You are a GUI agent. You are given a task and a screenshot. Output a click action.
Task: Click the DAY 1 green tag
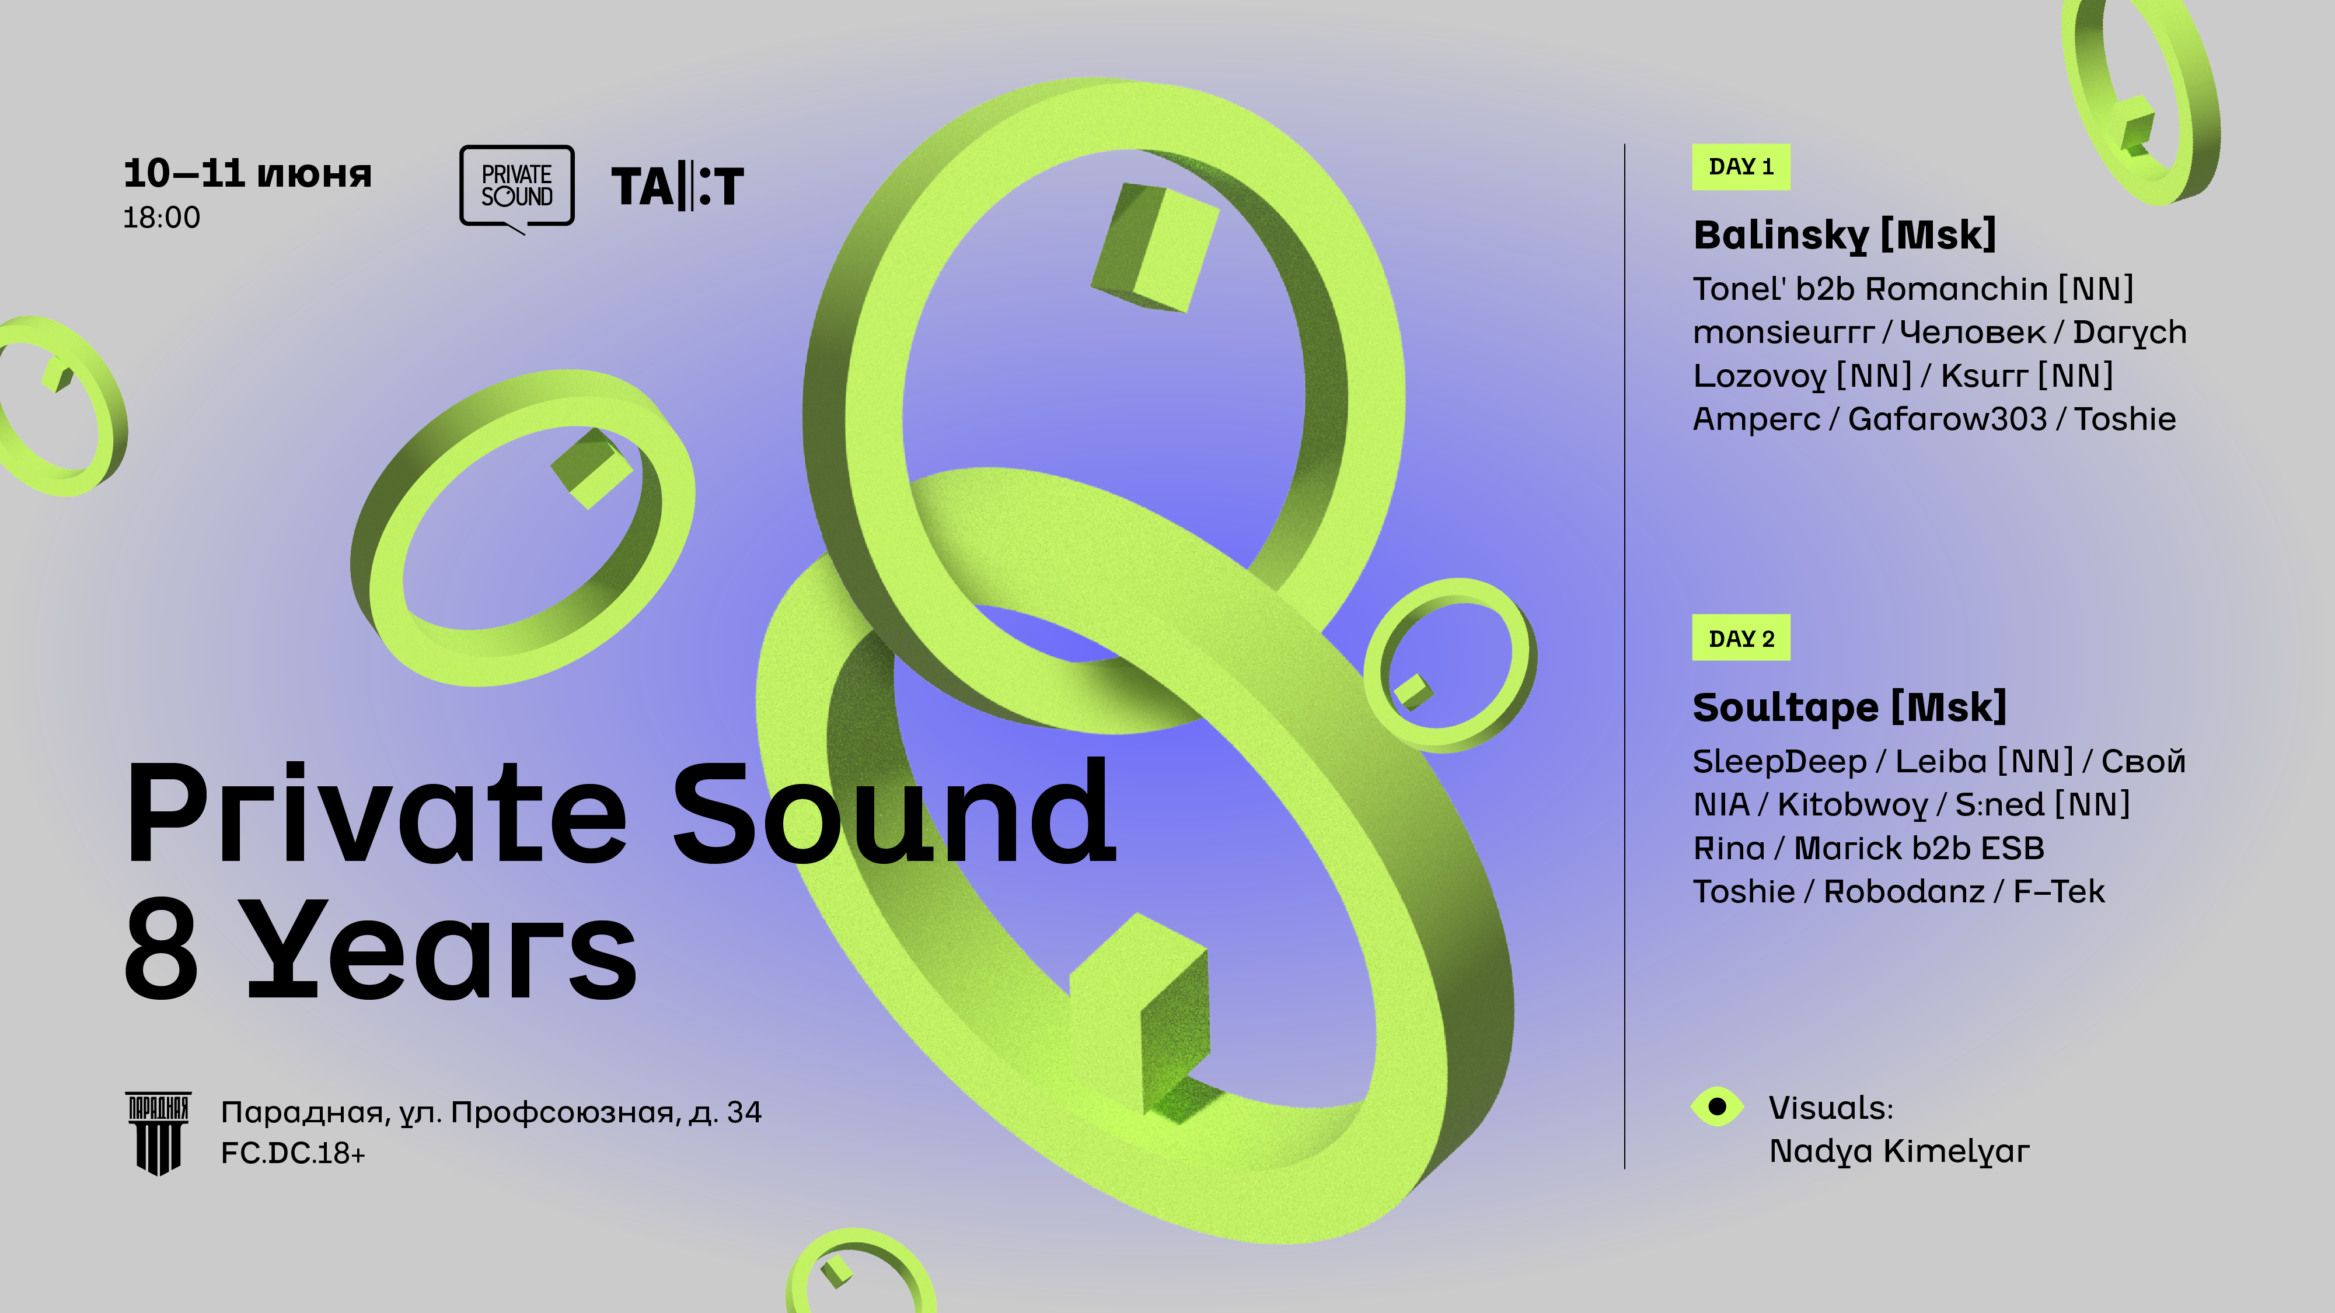pos(1740,167)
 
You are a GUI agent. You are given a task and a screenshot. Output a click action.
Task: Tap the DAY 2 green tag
pos(1740,638)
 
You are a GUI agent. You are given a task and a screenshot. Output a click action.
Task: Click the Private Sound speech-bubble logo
pos(516,188)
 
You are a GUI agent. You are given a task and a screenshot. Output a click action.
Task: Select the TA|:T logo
pos(677,187)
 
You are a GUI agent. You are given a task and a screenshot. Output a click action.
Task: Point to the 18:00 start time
pos(161,218)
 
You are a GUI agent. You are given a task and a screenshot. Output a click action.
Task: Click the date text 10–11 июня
pos(247,173)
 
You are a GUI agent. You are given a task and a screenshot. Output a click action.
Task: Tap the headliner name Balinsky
pos(1780,236)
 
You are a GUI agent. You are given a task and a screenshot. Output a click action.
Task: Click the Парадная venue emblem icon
pos(158,1133)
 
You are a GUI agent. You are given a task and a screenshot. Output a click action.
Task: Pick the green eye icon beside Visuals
pos(1717,1107)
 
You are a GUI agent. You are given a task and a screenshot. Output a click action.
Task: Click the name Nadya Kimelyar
pos(1899,1151)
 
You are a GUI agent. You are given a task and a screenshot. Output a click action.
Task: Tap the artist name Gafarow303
pos(1947,419)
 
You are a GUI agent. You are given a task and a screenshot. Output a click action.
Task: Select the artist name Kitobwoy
pos(1852,804)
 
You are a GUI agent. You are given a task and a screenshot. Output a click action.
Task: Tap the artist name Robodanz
pos(1904,892)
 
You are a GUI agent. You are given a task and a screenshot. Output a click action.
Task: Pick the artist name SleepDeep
pos(1779,762)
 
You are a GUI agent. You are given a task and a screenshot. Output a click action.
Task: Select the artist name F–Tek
pos(2058,892)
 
